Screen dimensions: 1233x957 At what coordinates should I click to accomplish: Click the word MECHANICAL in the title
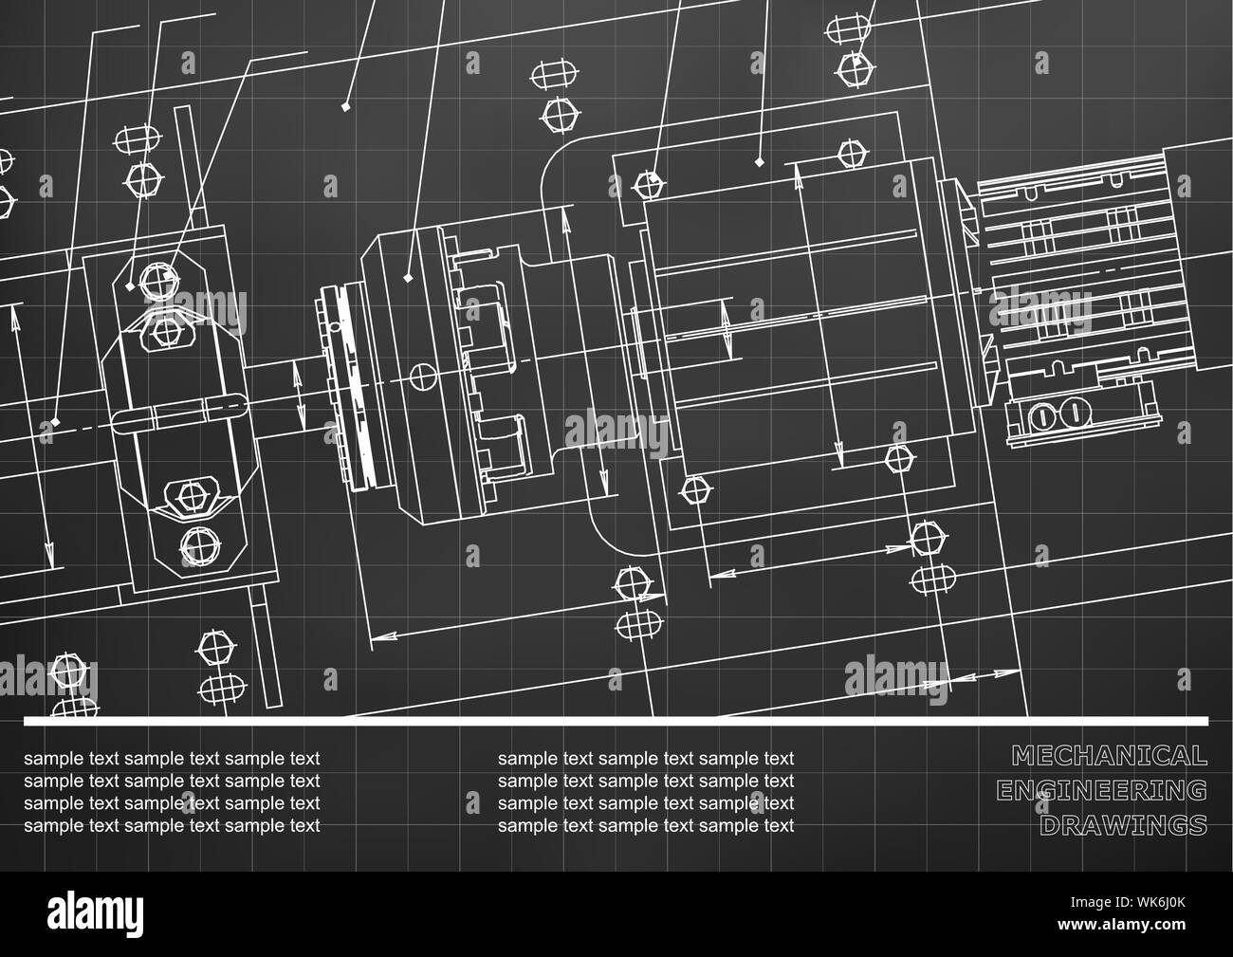click(x=1110, y=756)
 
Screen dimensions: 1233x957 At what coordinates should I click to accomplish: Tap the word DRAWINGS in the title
click(x=1123, y=825)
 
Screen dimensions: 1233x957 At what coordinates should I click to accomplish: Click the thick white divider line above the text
click(x=616, y=722)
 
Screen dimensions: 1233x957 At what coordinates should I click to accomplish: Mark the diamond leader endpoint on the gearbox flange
click(x=408, y=278)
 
